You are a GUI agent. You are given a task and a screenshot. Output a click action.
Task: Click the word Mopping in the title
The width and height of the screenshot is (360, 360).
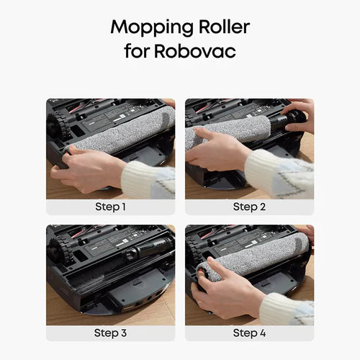coord(152,28)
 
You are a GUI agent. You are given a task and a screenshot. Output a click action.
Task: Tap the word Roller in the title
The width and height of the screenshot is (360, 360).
coord(224,27)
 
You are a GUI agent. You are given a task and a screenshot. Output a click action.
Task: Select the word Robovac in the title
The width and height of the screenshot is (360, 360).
coord(194,50)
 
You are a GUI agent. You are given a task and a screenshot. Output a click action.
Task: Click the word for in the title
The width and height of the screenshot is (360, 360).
coord(136,50)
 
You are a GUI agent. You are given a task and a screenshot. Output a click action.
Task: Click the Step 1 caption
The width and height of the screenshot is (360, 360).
coord(110,207)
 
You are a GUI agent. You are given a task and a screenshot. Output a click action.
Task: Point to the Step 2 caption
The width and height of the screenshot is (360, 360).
coord(249,207)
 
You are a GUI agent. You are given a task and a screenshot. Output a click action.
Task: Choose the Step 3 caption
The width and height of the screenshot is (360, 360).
coord(110,333)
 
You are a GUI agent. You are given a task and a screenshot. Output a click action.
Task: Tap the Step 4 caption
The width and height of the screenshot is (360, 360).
coord(249,333)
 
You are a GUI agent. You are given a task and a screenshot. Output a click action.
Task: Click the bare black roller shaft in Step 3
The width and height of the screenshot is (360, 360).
coord(149,248)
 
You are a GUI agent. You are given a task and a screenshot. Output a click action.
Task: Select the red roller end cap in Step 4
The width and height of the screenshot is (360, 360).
coord(200,273)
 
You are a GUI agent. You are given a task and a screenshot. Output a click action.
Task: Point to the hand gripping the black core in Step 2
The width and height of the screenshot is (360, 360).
coord(299,115)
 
